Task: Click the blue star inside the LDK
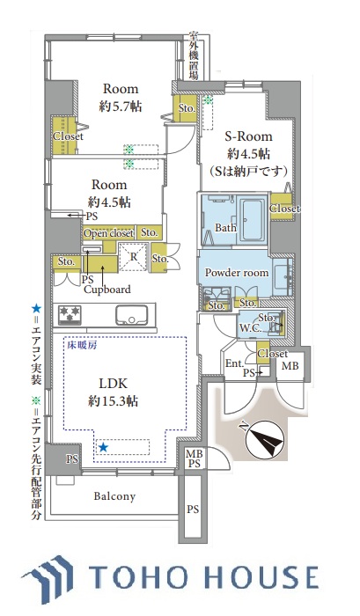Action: pyautogui.click(x=103, y=447)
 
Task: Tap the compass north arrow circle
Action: pyautogui.click(x=264, y=440)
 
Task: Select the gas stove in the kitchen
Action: pyautogui.click(x=70, y=315)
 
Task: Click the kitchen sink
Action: pyautogui.click(x=133, y=315)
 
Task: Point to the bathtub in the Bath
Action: pyautogui.click(x=253, y=220)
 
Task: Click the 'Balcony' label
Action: pyautogui.click(x=114, y=496)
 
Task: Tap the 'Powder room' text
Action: pyautogui.click(x=237, y=272)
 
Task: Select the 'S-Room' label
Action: pyautogui.click(x=248, y=136)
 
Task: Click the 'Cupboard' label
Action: pyautogui.click(x=107, y=290)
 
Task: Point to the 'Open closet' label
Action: pyautogui.click(x=108, y=233)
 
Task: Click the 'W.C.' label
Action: pyautogui.click(x=250, y=328)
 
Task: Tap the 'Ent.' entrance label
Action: pyautogui.click(x=235, y=363)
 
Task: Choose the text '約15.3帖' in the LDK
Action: pyautogui.click(x=113, y=401)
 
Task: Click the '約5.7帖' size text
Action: pyautogui.click(x=121, y=106)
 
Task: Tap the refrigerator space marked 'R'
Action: pyautogui.click(x=134, y=257)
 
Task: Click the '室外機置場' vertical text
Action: pyautogui.click(x=194, y=55)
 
